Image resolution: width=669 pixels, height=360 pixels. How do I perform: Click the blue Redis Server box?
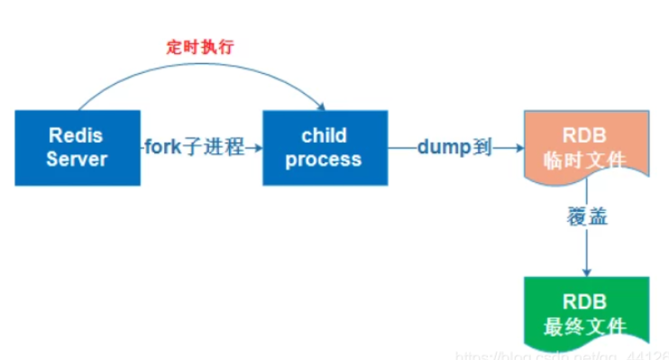pyautogui.click(x=77, y=147)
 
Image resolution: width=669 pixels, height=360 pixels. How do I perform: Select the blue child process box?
pyautogui.click(x=324, y=147)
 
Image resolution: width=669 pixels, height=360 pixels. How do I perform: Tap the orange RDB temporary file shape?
pyautogui.click(x=586, y=144)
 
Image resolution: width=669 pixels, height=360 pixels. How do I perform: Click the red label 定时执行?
pyautogui.click(x=200, y=47)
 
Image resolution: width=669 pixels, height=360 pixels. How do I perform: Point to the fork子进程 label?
pyautogui.click(x=194, y=147)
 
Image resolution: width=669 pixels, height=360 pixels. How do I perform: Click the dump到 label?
pyautogui.click(x=454, y=147)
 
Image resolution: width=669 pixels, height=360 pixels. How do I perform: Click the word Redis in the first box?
pyautogui.click(x=77, y=135)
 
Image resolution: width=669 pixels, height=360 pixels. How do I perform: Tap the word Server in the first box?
pyautogui.click(x=77, y=159)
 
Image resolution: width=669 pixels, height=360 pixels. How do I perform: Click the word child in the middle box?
pyautogui.click(x=324, y=135)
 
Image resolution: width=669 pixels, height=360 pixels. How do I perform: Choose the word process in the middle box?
pyautogui.click(x=324, y=159)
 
